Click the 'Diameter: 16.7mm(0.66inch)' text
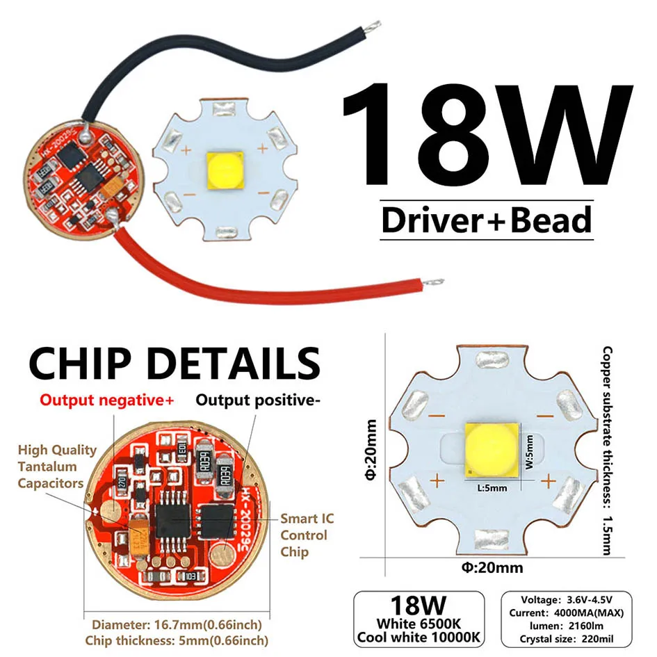pos(177,624)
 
